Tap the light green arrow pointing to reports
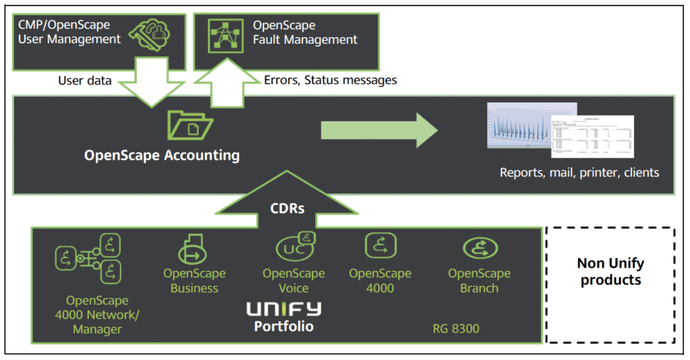[x=378, y=129]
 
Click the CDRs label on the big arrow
[x=287, y=208]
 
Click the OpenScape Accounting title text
[x=162, y=155]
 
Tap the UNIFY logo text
[x=284, y=310]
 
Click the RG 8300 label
[x=456, y=330]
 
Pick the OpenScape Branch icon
[x=480, y=249]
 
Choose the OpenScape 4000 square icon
[x=379, y=246]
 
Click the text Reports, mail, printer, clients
[x=579, y=173]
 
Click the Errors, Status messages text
[x=330, y=80]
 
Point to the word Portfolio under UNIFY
[x=284, y=326]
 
